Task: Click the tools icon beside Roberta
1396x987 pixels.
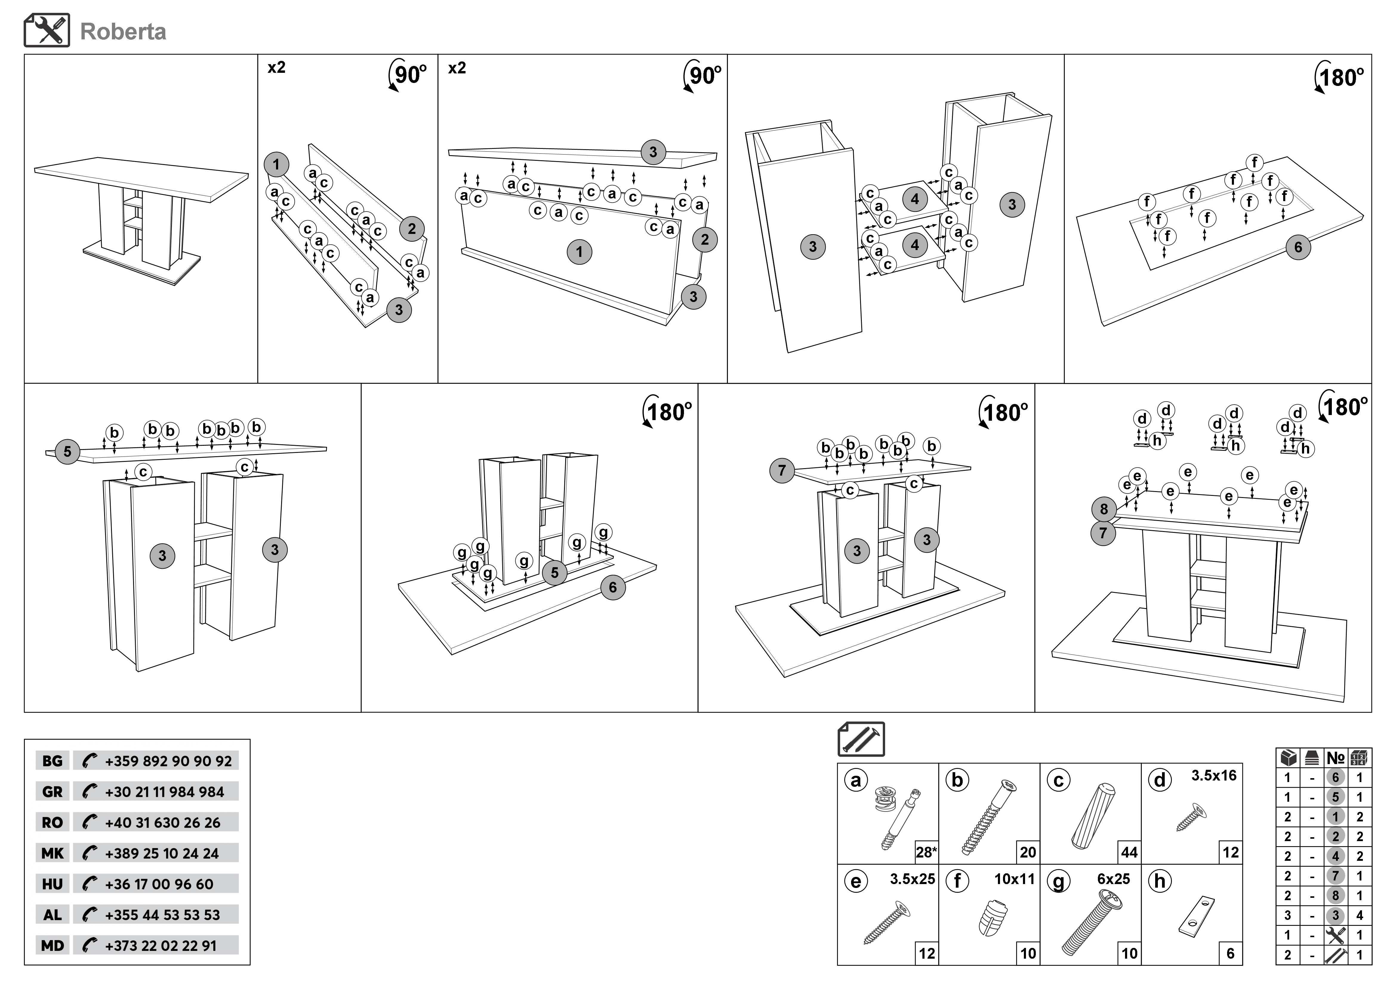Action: (x=47, y=30)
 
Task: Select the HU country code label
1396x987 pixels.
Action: (x=52, y=884)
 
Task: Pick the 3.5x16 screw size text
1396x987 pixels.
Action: (x=1214, y=775)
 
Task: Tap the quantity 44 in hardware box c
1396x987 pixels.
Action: (x=1129, y=852)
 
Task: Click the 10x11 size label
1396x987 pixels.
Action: (x=1014, y=879)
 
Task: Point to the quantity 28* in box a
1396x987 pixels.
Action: (x=926, y=852)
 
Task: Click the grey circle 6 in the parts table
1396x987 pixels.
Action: (x=1335, y=777)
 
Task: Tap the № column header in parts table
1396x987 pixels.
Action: (x=1335, y=758)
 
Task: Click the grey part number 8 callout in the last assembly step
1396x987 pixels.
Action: (x=1104, y=509)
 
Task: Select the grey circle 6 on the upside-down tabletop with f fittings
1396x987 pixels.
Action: (x=1298, y=247)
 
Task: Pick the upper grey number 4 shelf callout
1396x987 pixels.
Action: (x=914, y=199)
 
